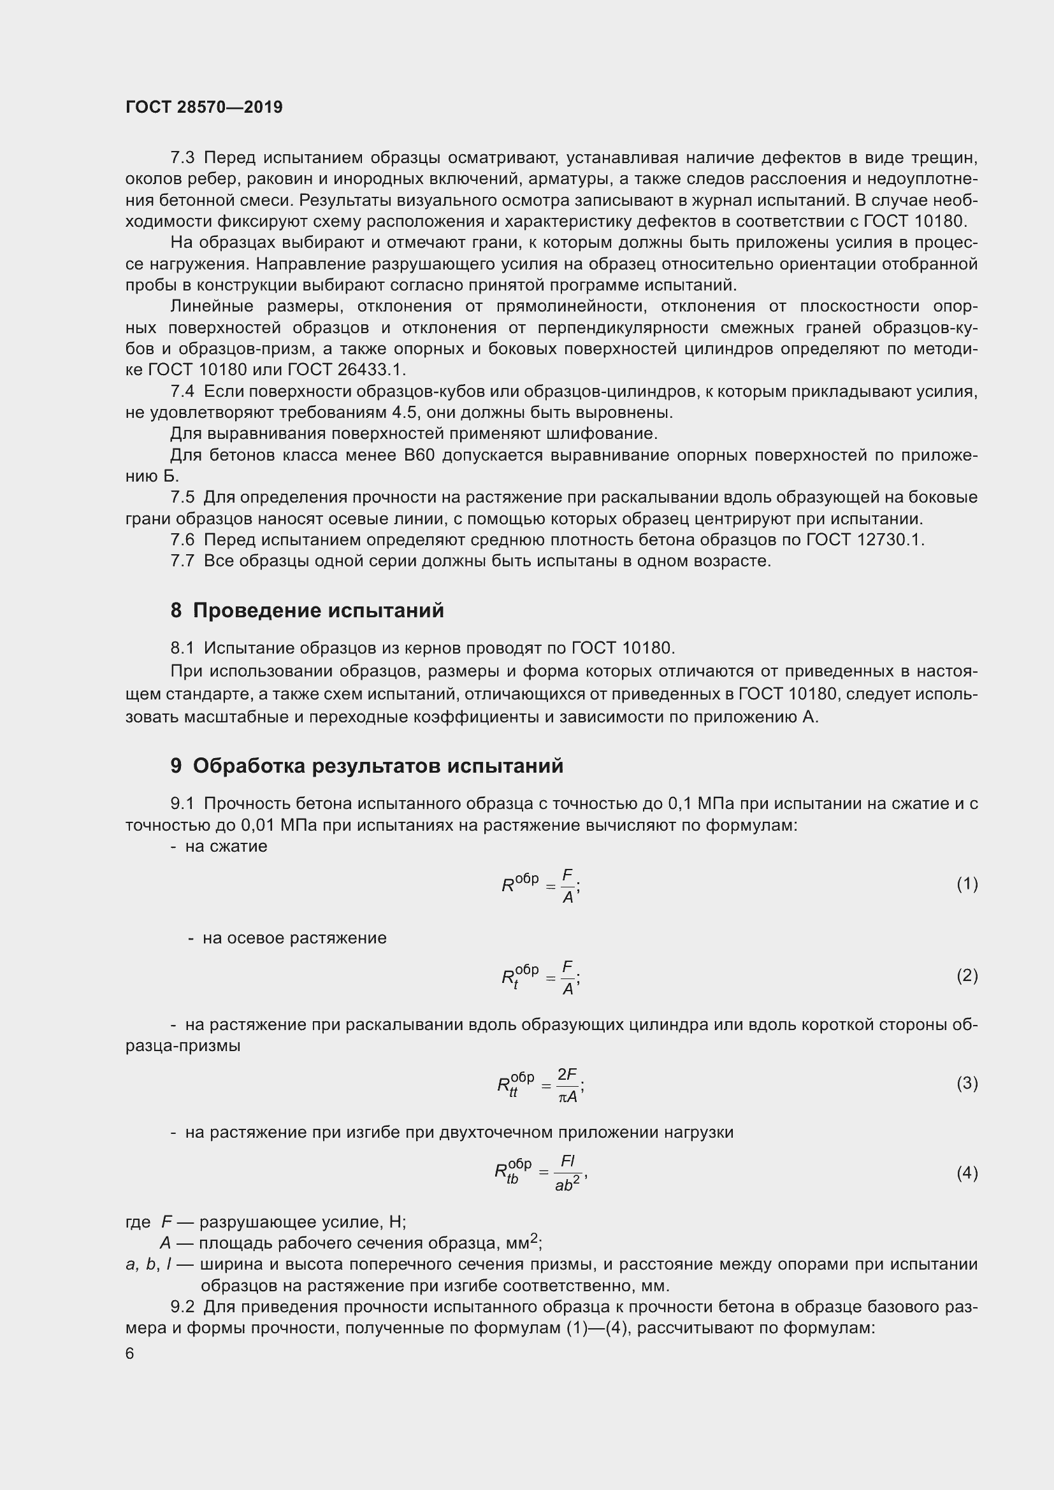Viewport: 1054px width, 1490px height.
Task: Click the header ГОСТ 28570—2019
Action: pos(204,107)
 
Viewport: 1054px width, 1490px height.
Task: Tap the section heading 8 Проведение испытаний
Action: pos(307,611)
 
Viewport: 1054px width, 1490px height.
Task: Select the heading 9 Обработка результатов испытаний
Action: pos(366,766)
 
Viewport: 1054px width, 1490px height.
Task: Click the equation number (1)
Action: pos(967,884)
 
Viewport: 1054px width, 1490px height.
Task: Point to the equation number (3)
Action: pos(967,1083)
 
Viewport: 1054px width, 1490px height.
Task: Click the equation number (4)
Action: pos(967,1173)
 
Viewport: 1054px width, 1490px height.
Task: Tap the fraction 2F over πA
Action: pos(567,1085)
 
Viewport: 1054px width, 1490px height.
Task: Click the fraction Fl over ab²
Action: pos(568,1173)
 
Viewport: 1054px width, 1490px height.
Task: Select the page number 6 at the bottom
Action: pos(130,1354)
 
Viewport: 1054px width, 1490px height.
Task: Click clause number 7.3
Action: pos(182,158)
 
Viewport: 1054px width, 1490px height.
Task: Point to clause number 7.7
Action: pos(182,561)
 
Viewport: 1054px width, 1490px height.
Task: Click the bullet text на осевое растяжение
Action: pos(294,938)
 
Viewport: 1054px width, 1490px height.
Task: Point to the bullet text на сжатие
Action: pos(226,846)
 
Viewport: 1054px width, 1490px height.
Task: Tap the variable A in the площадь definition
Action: pos(166,1243)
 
